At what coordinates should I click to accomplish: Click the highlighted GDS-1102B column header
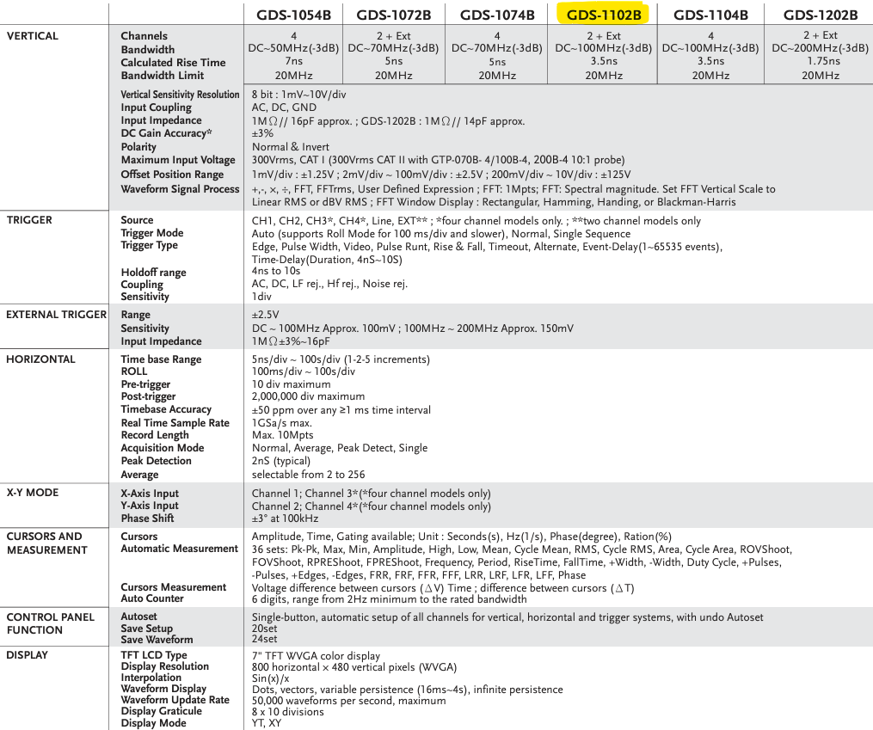coord(604,15)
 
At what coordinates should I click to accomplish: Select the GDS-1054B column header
coord(293,15)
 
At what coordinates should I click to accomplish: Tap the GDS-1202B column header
coord(820,15)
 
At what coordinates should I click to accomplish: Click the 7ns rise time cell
coord(293,62)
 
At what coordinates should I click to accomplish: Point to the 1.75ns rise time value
coord(820,62)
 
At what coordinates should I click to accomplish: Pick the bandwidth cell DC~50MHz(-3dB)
coord(293,49)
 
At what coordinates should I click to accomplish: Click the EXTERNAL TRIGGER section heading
coord(56,315)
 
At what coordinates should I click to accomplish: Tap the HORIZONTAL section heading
coord(40,359)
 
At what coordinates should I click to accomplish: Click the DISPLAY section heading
coord(28,654)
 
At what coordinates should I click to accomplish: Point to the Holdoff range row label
coord(153,273)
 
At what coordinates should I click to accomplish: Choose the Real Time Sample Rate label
coord(175,422)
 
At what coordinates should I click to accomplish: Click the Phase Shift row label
coord(147,518)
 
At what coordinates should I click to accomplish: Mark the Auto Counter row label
coord(152,598)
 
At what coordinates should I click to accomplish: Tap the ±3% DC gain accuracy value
coord(262,133)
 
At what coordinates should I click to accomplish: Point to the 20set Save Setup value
coord(264,629)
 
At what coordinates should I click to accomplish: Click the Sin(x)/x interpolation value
coord(270,678)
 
